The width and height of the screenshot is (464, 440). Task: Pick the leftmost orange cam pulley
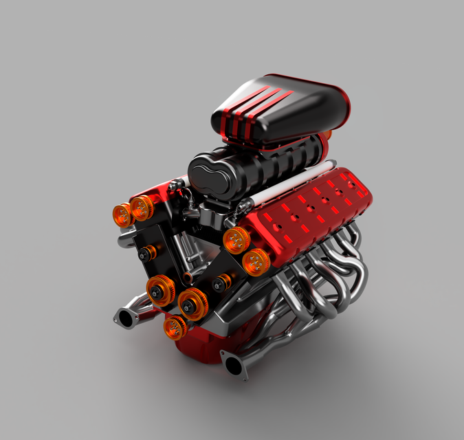tap(122, 214)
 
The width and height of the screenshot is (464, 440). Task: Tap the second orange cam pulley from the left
tap(142, 206)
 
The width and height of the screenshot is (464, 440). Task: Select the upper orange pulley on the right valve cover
tap(237, 240)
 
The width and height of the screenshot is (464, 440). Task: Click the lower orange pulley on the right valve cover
tap(256, 261)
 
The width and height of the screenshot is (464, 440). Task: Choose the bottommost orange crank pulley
tap(175, 327)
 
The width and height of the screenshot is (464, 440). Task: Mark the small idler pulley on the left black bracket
tap(144, 255)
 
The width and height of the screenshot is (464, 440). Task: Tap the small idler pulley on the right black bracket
tap(221, 281)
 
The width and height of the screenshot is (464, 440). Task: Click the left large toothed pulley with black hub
tap(160, 289)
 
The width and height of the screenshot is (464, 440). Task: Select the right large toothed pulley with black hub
tap(192, 302)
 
